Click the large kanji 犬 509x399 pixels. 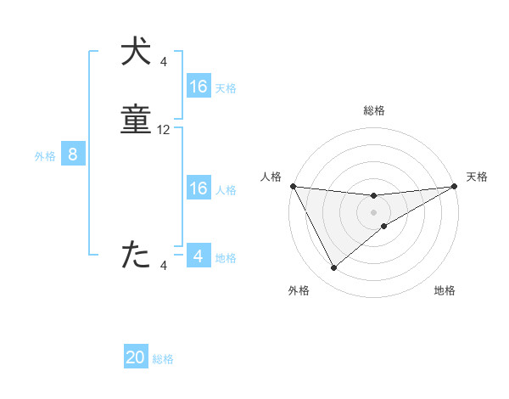click(137, 52)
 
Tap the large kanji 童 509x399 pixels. click(137, 121)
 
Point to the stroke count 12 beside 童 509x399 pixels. click(164, 130)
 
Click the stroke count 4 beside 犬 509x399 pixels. click(164, 61)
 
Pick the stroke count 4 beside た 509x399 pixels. click(164, 266)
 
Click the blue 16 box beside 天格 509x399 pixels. click(199, 87)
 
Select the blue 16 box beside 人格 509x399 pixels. click(199, 188)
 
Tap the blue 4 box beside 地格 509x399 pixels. click(199, 256)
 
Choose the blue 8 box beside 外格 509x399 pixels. click(73, 155)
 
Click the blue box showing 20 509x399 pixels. click(136, 357)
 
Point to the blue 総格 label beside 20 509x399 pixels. click(164, 359)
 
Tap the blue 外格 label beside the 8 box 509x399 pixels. click(45, 156)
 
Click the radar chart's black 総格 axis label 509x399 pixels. click(374, 110)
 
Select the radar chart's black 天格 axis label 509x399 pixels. click(478, 177)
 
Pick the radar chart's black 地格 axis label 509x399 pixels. click(445, 290)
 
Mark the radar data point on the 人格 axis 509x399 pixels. click(293, 186)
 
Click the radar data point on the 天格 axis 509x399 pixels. click(455, 186)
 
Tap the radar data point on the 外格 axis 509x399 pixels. click(333, 268)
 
